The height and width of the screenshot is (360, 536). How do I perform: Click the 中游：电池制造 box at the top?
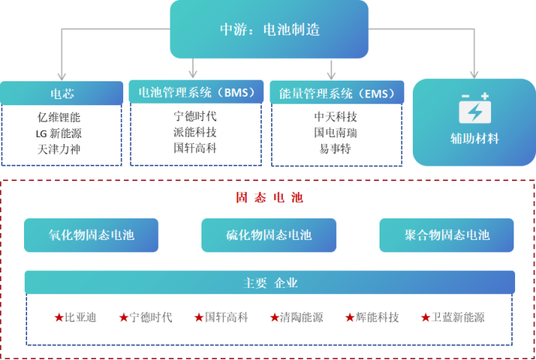coord(269,29)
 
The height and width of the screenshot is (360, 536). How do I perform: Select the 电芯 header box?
coord(62,93)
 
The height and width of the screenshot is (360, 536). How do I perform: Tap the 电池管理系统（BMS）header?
coord(191,92)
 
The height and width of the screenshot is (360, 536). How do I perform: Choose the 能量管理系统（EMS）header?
coord(336,93)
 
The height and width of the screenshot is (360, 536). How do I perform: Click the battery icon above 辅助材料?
coord(474,110)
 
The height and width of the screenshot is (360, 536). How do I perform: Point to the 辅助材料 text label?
coord(474,139)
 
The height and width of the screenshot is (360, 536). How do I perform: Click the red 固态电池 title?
coord(269,198)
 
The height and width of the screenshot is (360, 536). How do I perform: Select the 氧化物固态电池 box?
coord(91,235)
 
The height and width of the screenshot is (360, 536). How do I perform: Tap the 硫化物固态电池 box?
coord(269,235)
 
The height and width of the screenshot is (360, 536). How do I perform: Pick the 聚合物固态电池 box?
coord(446,235)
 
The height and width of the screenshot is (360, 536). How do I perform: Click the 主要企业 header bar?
coord(269,283)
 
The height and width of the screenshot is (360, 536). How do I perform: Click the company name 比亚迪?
coord(80,317)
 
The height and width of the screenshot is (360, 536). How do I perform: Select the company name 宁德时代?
coord(151,317)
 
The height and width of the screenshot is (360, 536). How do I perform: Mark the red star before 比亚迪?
coord(59,317)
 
